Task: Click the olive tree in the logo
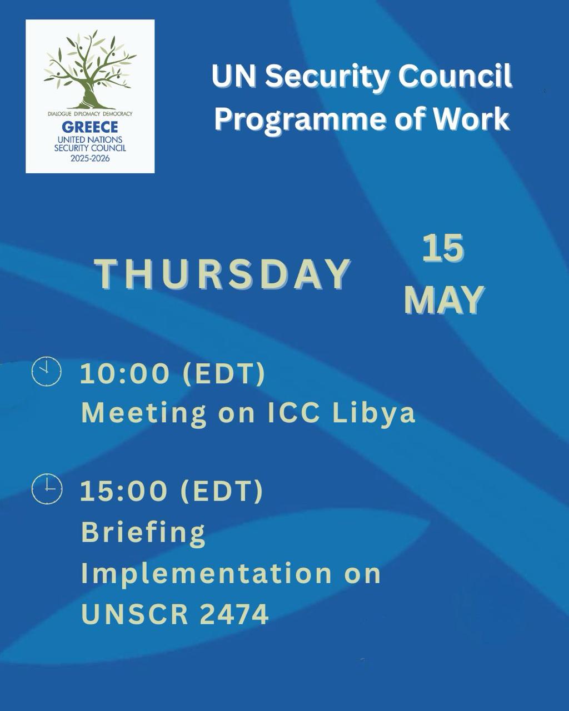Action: [90, 69]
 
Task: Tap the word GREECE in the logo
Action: [90, 127]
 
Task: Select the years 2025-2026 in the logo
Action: [90, 158]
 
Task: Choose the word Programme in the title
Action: [299, 119]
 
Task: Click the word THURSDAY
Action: [223, 274]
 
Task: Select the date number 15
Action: [443, 248]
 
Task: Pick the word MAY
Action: [445, 300]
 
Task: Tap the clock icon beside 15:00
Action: [47, 489]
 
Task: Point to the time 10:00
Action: [124, 374]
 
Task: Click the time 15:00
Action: [124, 491]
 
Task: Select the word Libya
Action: [373, 413]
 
